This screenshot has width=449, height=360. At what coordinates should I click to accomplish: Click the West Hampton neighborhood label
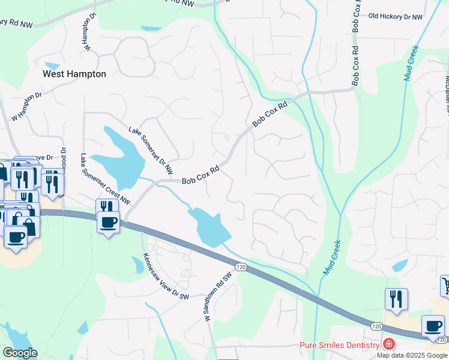coord(74,74)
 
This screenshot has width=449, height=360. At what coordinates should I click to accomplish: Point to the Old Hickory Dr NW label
coord(395,17)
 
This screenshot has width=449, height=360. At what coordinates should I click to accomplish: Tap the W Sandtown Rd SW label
coord(218,298)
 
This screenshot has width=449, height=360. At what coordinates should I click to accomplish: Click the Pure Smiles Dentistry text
coord(339,345)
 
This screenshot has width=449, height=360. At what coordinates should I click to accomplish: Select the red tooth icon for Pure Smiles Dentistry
coord(389,344)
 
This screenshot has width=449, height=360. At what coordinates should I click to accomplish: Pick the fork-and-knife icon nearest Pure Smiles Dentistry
coord(396,299)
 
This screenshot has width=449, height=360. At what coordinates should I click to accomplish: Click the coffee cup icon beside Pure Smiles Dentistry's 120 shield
coord(433,326)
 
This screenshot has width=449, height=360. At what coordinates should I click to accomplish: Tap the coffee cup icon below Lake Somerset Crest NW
coord(108,223)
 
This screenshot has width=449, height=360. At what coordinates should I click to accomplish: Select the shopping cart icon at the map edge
coord(445,286)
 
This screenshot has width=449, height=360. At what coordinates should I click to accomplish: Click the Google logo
coord(20,353)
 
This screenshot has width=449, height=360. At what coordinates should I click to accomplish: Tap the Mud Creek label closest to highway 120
coord(332,257)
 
